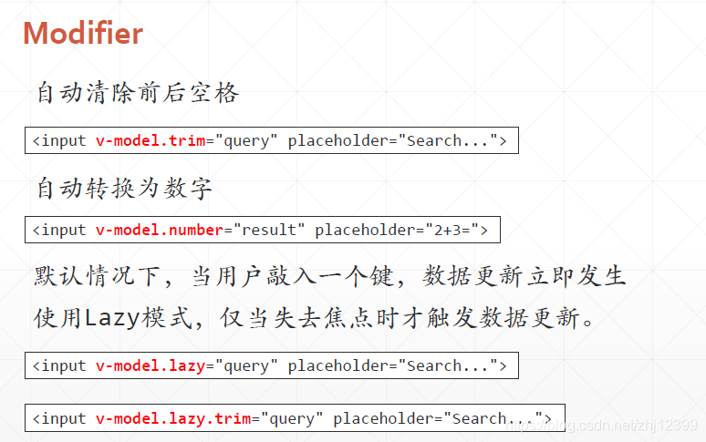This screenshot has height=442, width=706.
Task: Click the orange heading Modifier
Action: (x=83, y=34)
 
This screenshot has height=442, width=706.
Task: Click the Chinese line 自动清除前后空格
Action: (x=138, y=93)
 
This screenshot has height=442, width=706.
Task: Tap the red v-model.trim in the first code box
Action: (x=151, y=140)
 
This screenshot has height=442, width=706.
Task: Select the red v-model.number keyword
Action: (x=160, y=230)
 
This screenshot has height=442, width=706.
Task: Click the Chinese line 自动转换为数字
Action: (x=124, y=189)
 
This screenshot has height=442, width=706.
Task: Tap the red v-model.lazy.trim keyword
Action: (x=173, y=418)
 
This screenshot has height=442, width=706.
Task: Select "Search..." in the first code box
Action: (x=451, y=140)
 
